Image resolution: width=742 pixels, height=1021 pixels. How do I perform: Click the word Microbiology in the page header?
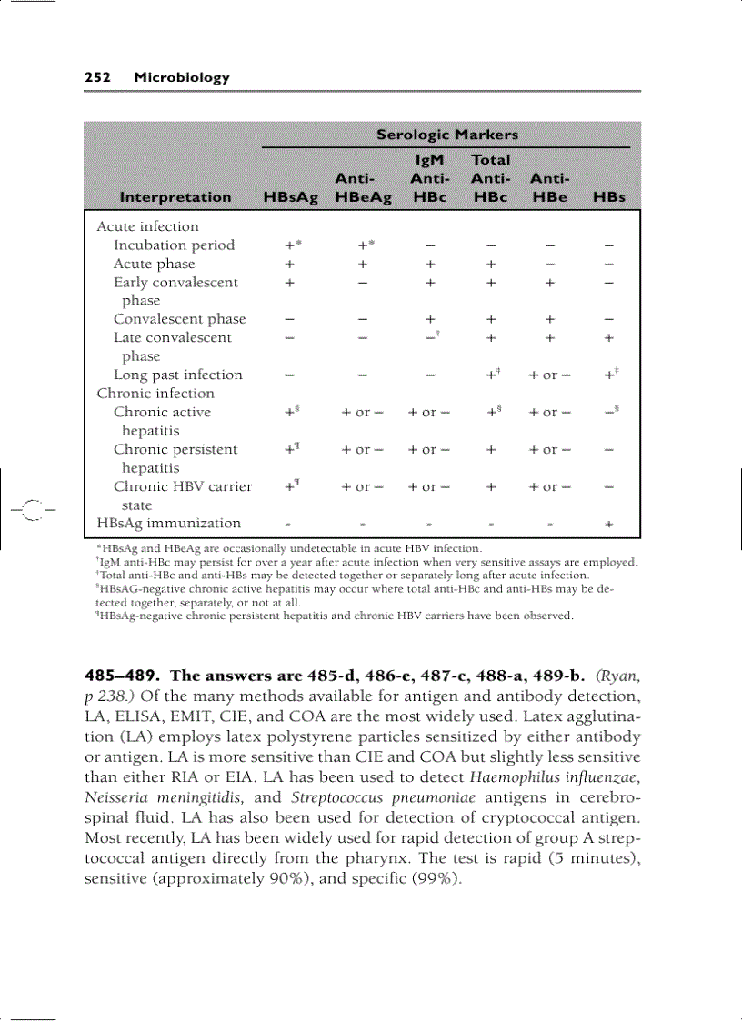181,77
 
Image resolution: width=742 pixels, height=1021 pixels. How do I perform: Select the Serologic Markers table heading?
446,135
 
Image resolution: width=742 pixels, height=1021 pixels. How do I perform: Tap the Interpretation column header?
175,197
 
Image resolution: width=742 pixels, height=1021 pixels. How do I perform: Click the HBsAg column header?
290,197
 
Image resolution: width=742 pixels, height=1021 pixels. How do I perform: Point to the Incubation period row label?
174,245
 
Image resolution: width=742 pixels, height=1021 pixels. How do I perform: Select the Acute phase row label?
154,264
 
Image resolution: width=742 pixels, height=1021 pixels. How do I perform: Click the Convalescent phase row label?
179,319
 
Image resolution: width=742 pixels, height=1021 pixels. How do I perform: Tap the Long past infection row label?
177,375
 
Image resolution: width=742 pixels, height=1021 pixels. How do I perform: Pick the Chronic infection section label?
155,394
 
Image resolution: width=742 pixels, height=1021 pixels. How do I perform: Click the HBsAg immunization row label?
169,523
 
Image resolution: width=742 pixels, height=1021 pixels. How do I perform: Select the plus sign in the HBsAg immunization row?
608,524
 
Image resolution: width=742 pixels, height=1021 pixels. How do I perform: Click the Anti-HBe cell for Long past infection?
549,375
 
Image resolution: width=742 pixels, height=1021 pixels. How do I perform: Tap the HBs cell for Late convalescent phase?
608,337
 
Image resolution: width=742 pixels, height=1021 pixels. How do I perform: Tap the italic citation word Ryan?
618,676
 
